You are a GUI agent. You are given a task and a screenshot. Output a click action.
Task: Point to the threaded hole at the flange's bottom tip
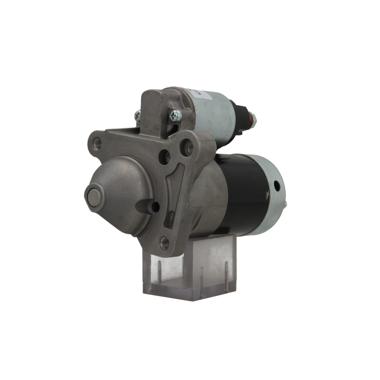coord(164,242)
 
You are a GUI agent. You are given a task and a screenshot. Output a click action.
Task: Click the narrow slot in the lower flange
coord(170,218)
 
